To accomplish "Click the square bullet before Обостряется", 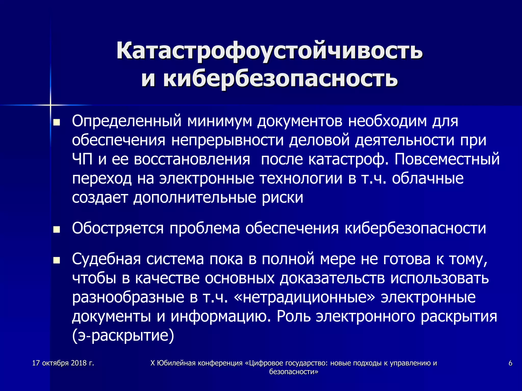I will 56,230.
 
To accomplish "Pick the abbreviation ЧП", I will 82,159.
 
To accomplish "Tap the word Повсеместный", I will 447,159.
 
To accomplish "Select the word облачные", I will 427,178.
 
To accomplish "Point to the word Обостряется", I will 118,228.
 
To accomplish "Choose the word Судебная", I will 106,259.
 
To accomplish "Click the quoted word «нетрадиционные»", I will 304,297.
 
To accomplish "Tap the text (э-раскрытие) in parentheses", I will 123,336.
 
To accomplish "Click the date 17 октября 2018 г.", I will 63,363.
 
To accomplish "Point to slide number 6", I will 510,363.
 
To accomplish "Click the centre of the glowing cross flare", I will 50,105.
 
